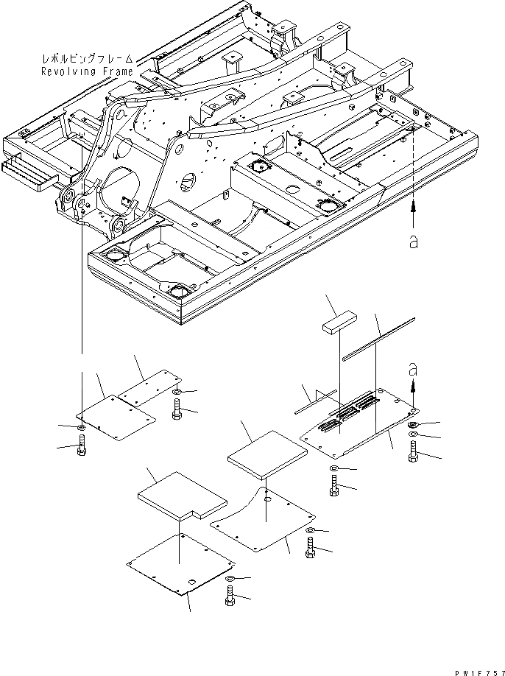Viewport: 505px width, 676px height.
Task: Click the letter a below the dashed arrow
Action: pos(413,242)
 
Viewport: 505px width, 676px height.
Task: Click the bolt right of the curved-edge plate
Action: pos(308,550)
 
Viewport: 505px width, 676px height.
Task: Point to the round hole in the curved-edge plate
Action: pos(267,500)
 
